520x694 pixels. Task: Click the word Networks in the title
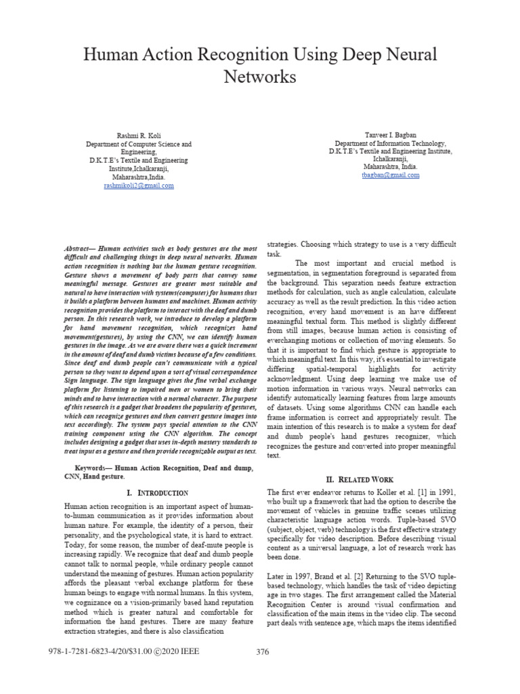click(260, 77)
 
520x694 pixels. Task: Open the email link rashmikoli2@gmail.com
click(138, 185)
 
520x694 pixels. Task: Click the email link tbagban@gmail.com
click(382, 175)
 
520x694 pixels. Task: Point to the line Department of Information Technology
click(382, 144)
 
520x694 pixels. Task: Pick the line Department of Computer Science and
click(138, 144)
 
